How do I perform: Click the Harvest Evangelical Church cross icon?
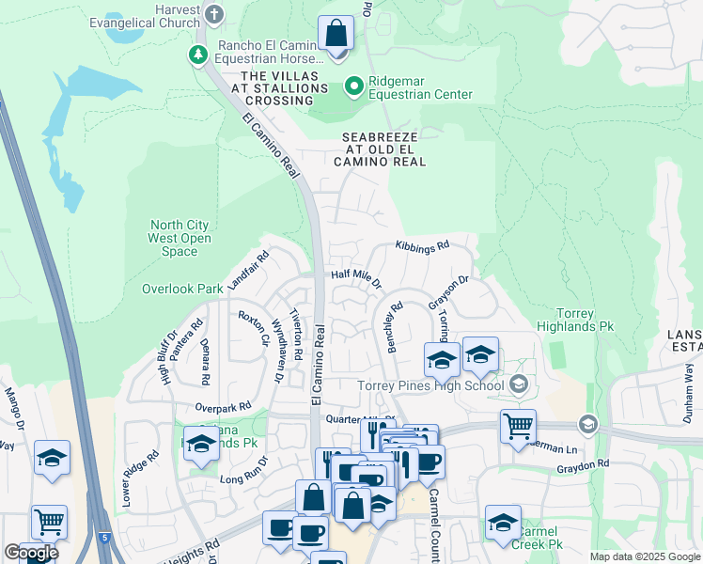pyautogui.click(x=215, y=13)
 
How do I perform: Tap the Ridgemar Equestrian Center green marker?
pyautogui.click(x=353, y=86)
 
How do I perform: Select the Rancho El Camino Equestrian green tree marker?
pyautogui.click(x=198, y=55)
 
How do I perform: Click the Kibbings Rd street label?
pyautogui.click(x=422, y=244)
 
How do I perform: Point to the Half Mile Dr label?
pyautogui.click(x=356, y=278)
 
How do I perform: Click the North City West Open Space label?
pyautogui.click(x=180, y=238)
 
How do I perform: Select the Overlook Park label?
pyautogui.click(x=182, y=289)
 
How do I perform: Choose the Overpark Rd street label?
pyautogui.click(x=223, y=406)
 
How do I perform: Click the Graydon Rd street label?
pyautogui.click(x=583, y=463)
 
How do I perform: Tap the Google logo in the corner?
pyautogui.click(x=31, y=553)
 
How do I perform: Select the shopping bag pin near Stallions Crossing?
pyautogui.click(x=336, y=36)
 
